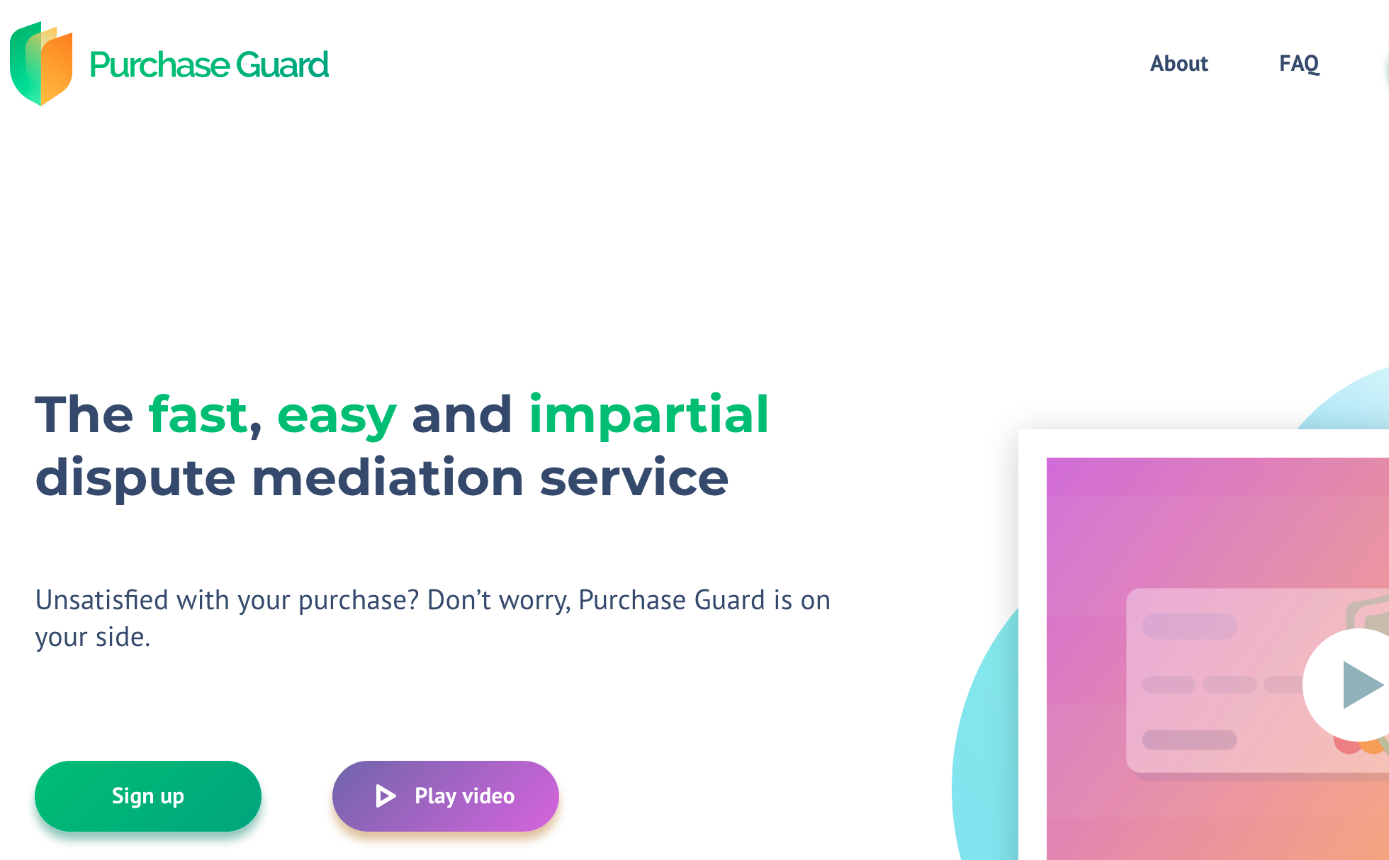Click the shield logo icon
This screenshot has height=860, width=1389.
coord(41,63)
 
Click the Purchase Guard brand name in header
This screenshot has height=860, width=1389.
coord(209,65)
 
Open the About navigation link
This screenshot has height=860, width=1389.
coord(1179,64)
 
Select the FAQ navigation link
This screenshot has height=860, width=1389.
coord(1299,64)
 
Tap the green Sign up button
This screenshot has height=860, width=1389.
coord(148,796)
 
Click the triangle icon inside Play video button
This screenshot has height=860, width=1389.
coord(386,796)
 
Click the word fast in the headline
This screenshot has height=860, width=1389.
coord(198,414)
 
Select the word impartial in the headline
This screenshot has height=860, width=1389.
coord(648,416)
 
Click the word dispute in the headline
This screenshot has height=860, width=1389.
coord(135,479)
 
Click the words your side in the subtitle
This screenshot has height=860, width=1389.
coord(93,638)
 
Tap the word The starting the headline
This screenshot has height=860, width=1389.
coord(84,414)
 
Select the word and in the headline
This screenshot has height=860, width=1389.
coord(462,414)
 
